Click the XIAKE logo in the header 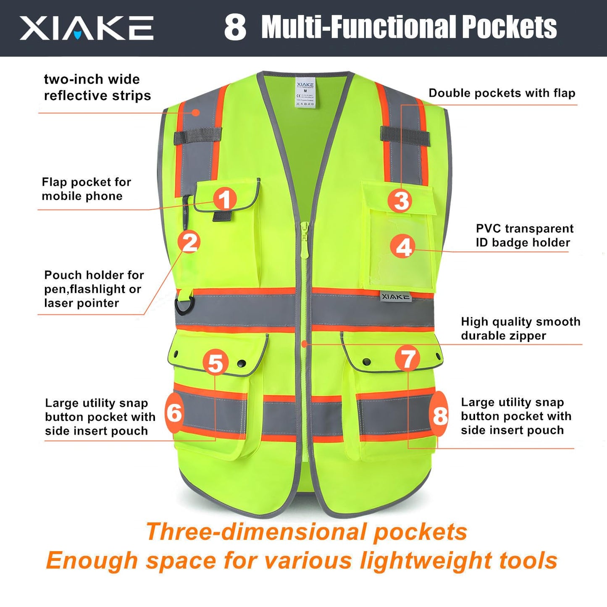tap(86, 28)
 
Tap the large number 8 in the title tap(235, 28)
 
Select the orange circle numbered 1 tap(225, 199)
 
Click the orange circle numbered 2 tap(189, 242)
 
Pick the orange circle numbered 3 tap(401, 200)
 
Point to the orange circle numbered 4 tap(404, 246)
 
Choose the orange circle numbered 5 tap(215, 363)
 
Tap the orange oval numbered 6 tap(174, 413)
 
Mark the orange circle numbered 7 tap(407, 359)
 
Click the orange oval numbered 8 tap(440, 415)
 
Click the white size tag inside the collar tap(305, 92)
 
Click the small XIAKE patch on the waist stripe tap(395, 297)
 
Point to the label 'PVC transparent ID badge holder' tap(524, 236)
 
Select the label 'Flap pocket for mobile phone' tap(86, 189)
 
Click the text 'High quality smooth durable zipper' tap(520, 328)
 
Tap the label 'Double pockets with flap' tap(502, 93)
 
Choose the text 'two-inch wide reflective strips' tap(97, 87)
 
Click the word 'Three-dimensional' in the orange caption tap(256, 532)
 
